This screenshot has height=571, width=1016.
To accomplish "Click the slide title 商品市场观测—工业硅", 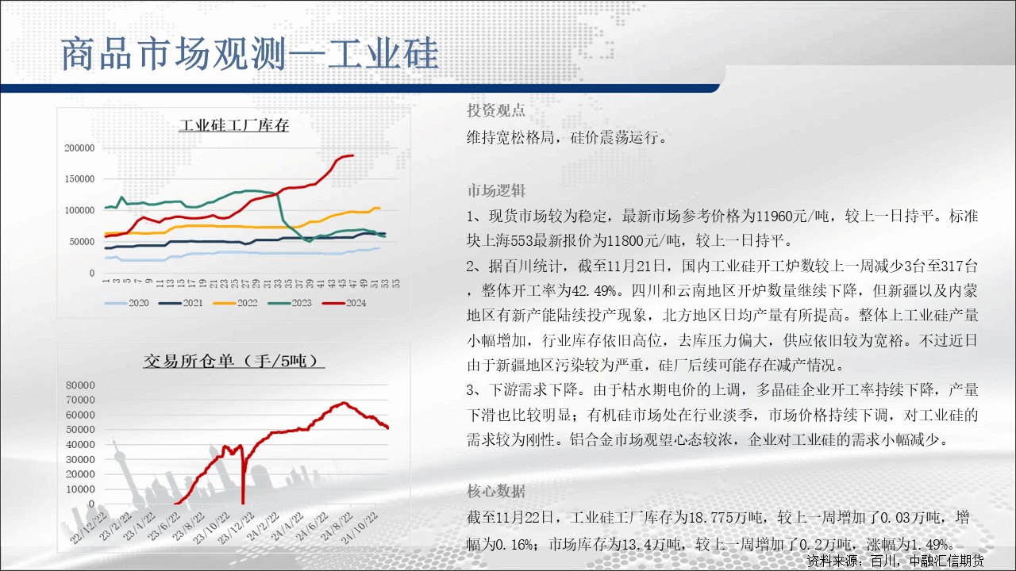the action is click(x=250, y=53).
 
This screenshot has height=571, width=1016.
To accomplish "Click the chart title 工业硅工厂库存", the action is click(x=234, y=125).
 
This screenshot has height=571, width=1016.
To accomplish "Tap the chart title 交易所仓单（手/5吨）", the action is click(x=233, y=361).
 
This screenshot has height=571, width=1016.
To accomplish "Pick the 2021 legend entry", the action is click(x=181, y=303).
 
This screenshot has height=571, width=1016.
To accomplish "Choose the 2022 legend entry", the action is click(x=236, y=303).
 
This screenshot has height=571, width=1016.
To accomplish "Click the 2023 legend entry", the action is click(x=290, y=303).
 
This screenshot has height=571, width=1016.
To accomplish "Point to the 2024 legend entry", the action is click(x=344, y=303).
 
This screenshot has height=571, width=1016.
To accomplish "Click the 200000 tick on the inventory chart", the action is click(x=79, y=148).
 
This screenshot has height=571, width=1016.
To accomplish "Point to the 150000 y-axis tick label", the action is click(x=79, y=179).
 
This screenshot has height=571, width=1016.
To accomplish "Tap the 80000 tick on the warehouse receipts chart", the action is click(x=80, y=385).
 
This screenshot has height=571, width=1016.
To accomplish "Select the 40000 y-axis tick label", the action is click(x=80, y=445).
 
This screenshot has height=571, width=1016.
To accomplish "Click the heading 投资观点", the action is click(x=496, y=110).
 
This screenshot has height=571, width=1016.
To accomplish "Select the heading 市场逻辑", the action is click(x=496, y=190).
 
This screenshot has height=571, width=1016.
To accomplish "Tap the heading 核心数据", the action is click(x=496, y=491).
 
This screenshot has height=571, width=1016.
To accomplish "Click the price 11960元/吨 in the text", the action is click(x=793, y=216).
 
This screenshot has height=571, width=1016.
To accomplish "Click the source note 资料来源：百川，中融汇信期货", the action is click(x=895, y=561).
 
